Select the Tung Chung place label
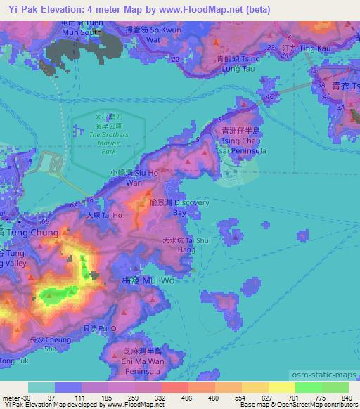coord(30,233)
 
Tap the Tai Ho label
coord(104,215)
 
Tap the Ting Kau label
coord(297,48)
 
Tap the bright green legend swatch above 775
coord(309,387)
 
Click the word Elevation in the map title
coord(66,9)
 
